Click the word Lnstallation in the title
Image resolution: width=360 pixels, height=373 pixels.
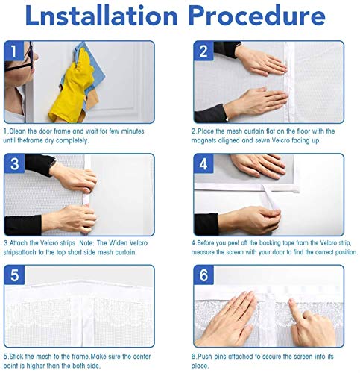point(101,16)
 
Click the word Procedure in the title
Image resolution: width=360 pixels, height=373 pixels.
point(257,16)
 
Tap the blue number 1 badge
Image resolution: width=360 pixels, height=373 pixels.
point(14,51)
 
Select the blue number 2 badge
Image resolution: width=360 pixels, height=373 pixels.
point(203,51)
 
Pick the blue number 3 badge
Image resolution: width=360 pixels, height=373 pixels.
point(14,163)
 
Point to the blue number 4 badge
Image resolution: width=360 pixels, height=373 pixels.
point(203,163)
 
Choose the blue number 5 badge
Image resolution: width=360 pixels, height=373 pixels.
point(14,275)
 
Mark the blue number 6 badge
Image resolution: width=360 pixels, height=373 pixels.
point(203,275)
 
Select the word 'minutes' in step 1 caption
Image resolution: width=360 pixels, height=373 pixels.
point(133,131)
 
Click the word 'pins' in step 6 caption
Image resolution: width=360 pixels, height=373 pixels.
point(220,357)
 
